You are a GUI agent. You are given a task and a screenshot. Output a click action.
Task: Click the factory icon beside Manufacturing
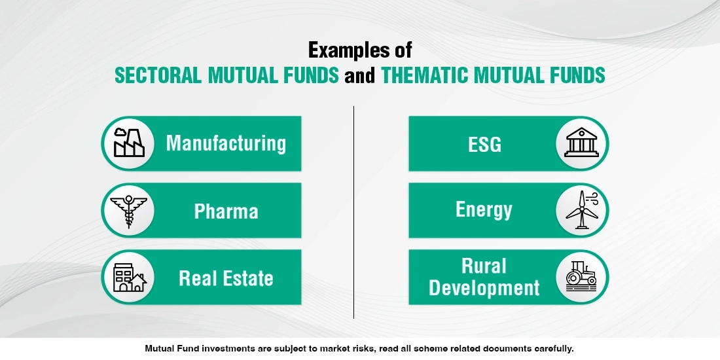[x=128, y=143]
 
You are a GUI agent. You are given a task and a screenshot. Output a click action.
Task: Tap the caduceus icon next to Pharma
[x=128, y=211]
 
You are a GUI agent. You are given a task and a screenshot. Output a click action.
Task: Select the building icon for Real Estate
[x=129, y=278]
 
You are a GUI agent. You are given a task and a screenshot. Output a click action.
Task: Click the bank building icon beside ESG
[x=581, y=143]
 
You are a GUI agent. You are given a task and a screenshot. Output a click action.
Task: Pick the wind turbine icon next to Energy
[x=581, y=210]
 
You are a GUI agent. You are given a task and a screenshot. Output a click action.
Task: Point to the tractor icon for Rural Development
[x=581, y=278]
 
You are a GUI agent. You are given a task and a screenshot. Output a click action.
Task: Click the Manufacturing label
[x=226, y=143]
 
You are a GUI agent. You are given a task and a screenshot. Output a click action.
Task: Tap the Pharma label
[x=226, y=211]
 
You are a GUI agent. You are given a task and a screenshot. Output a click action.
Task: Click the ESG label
[x=484, y=144]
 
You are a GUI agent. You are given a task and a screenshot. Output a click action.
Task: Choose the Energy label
[x=484, y=210]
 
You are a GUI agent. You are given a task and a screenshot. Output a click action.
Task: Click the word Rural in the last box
[x=484, y=266]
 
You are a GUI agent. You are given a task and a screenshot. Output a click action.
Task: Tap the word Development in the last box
[x=484, y=288]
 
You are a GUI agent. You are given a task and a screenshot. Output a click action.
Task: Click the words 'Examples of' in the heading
[x=360, y=50]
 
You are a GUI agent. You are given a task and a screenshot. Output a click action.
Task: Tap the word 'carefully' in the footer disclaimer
[x=552, y=348]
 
